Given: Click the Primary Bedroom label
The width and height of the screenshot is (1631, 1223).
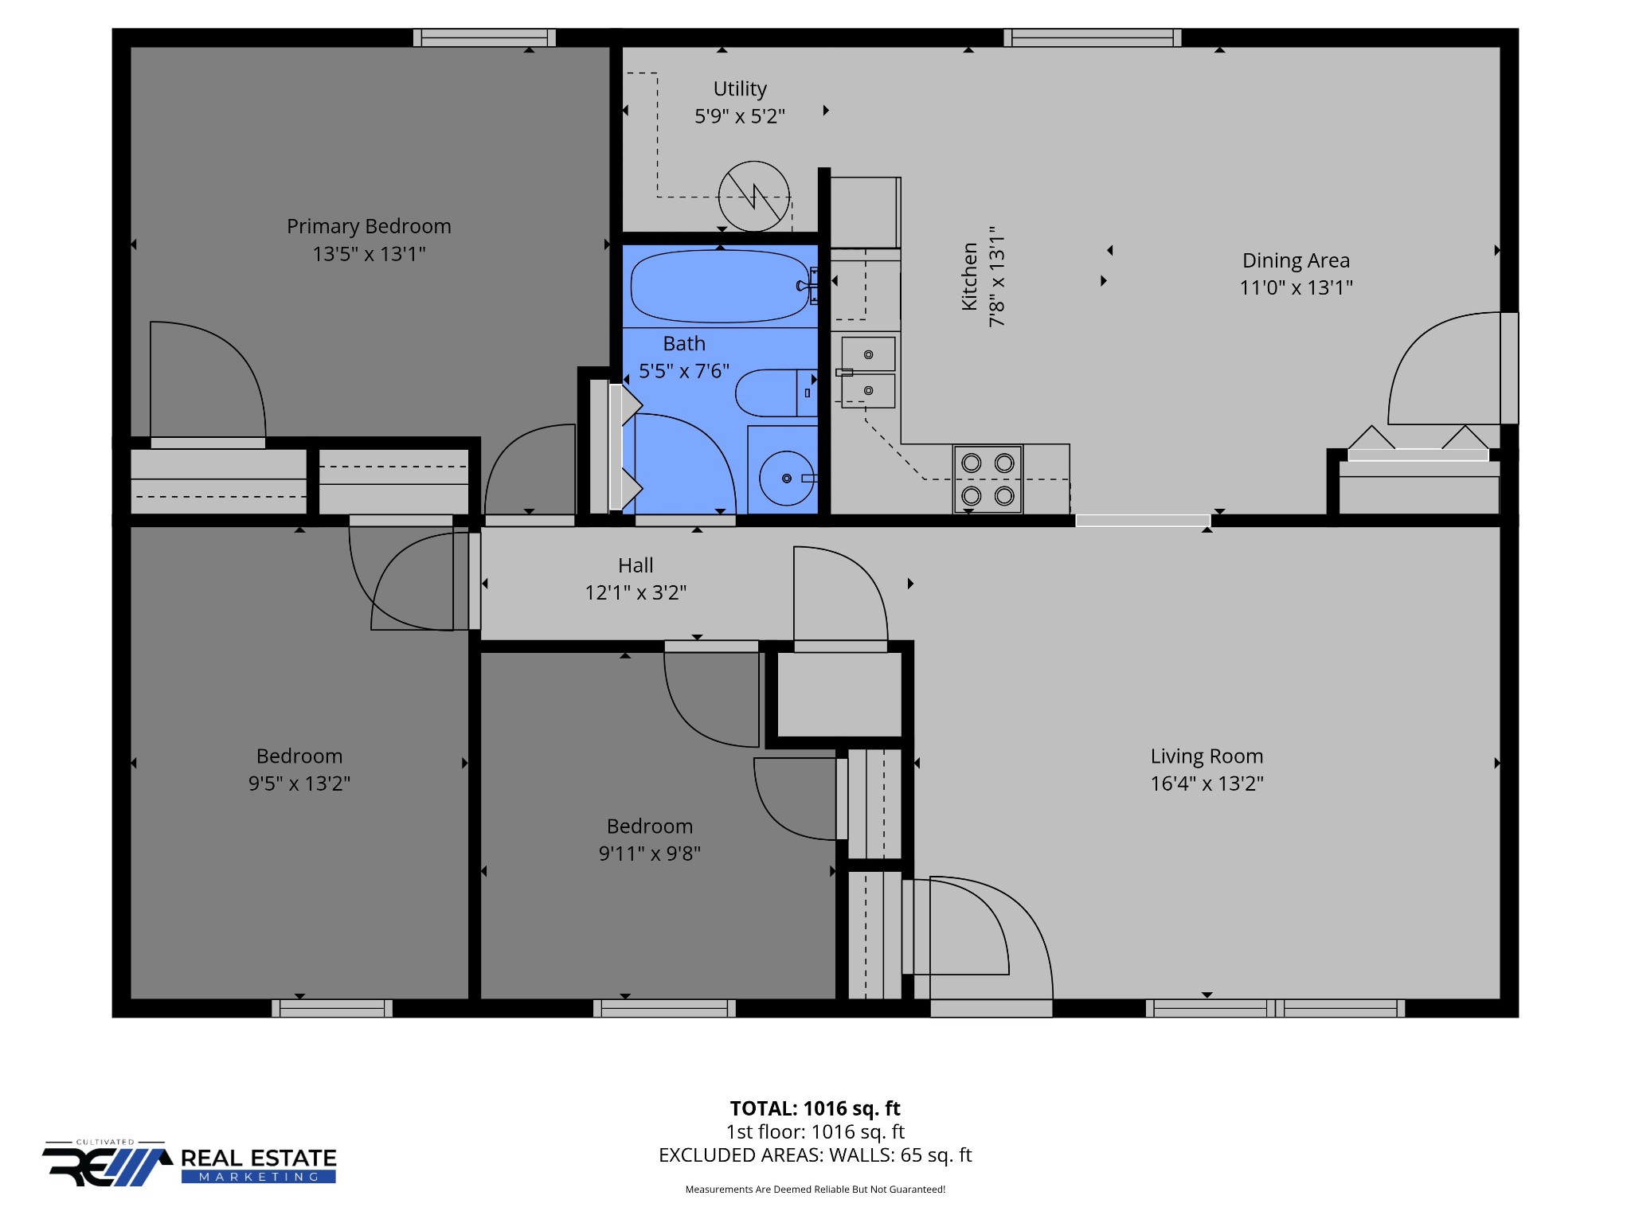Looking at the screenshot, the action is coord(369,226).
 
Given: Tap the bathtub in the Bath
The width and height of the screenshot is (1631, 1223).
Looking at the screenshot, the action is coord(721,286).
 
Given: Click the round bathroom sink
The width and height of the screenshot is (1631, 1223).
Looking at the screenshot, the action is coord(787,479).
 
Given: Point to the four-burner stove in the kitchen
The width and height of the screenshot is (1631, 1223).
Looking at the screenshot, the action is coord(988,479).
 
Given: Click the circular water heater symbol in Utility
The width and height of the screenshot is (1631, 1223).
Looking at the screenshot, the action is coord(753,197).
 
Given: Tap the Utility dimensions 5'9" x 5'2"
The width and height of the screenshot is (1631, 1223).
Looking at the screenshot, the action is coord(740,116).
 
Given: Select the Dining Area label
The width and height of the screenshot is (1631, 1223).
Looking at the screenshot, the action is coord(1296,260).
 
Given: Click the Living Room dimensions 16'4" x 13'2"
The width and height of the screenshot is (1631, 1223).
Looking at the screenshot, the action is coord(1207,783).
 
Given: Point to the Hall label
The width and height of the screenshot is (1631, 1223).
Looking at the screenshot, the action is coord(636,565).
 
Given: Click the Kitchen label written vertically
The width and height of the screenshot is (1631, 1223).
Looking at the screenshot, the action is coord(969,276).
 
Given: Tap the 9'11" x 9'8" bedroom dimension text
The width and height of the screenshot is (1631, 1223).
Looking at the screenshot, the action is coord(650,854).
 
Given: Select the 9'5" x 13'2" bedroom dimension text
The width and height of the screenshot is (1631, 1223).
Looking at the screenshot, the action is coord(299,783).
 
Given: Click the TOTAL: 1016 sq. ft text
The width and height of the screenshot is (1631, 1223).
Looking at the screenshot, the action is coord(815,1108).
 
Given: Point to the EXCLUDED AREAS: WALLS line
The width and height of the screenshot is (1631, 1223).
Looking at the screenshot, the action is coord(815,1155).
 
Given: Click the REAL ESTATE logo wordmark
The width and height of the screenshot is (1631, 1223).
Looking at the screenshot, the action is coord(259,1158).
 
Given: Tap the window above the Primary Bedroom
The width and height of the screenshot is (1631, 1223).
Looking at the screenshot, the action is coord(484,37).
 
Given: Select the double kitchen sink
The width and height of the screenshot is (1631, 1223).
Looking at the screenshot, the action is coord(868,373).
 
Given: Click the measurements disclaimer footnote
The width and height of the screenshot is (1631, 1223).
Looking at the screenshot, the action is coord(815,1190).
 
